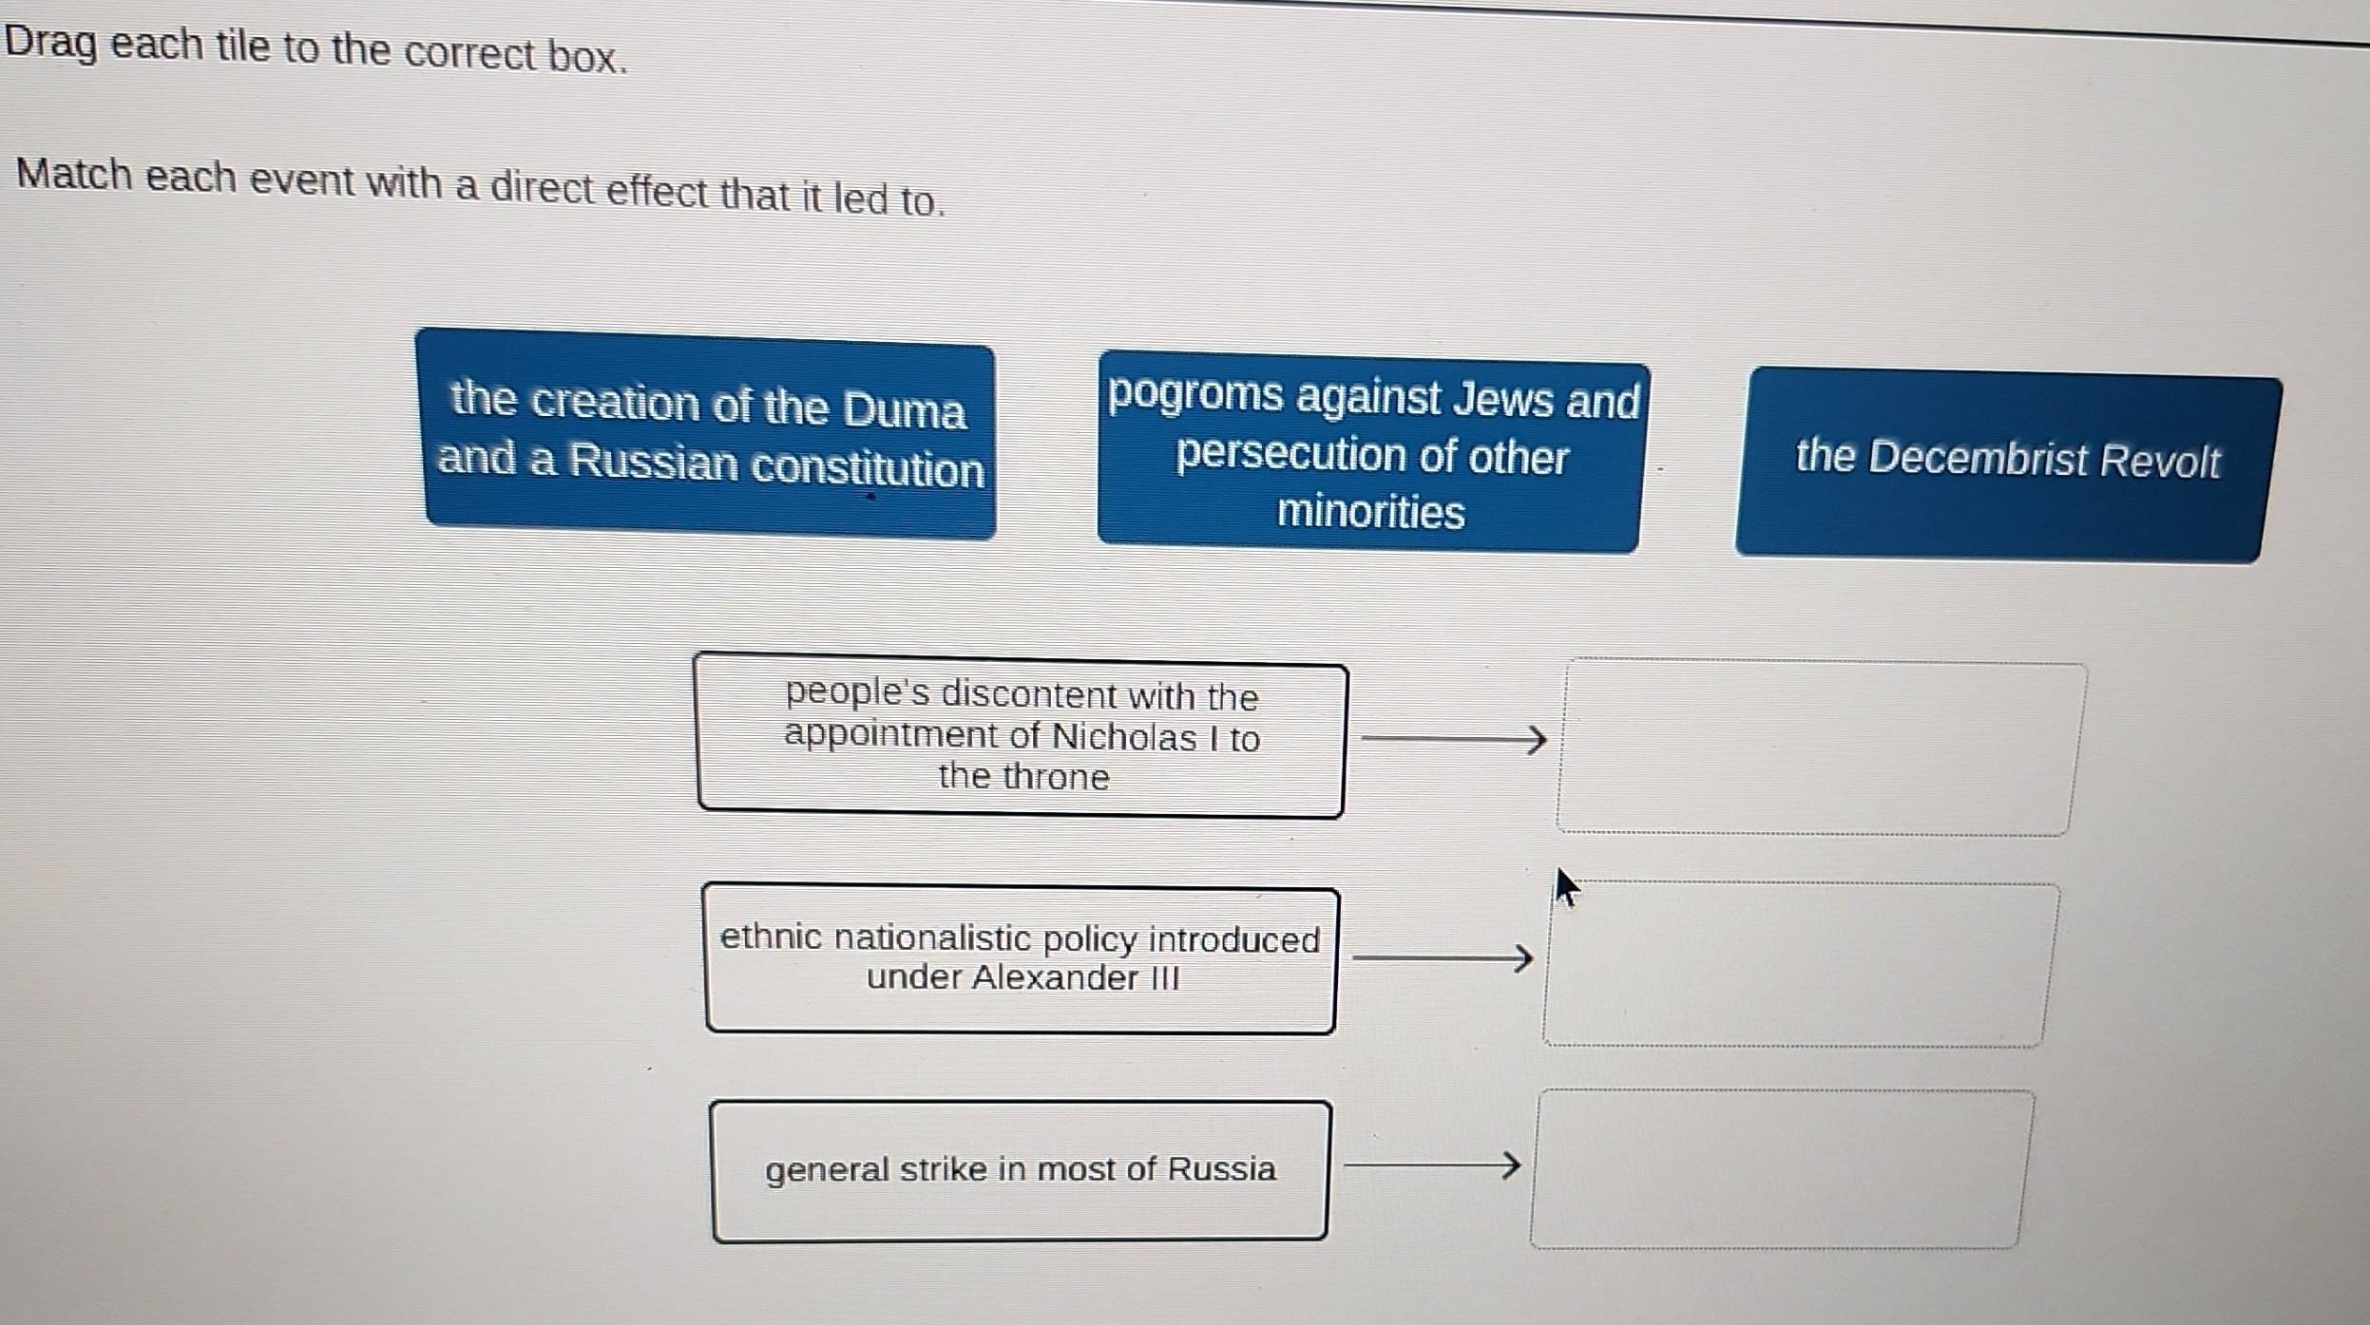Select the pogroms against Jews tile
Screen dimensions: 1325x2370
click(1371, 454)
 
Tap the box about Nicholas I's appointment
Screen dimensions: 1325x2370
click(1022, 735)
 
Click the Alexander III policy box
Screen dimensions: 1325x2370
click(1021, 959)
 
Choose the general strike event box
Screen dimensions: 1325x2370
click(1020, 1170)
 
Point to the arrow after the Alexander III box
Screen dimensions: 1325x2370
click(1442, 957)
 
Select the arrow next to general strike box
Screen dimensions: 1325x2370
click(1431, 1164)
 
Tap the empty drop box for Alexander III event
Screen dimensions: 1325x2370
click(1798, 963)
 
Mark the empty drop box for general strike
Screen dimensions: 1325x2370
click(1779, 1168)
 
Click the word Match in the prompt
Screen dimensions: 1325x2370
click(73, 175)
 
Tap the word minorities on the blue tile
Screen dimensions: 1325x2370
click(1370, 513)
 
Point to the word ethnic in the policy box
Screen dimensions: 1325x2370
click(771, 937)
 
